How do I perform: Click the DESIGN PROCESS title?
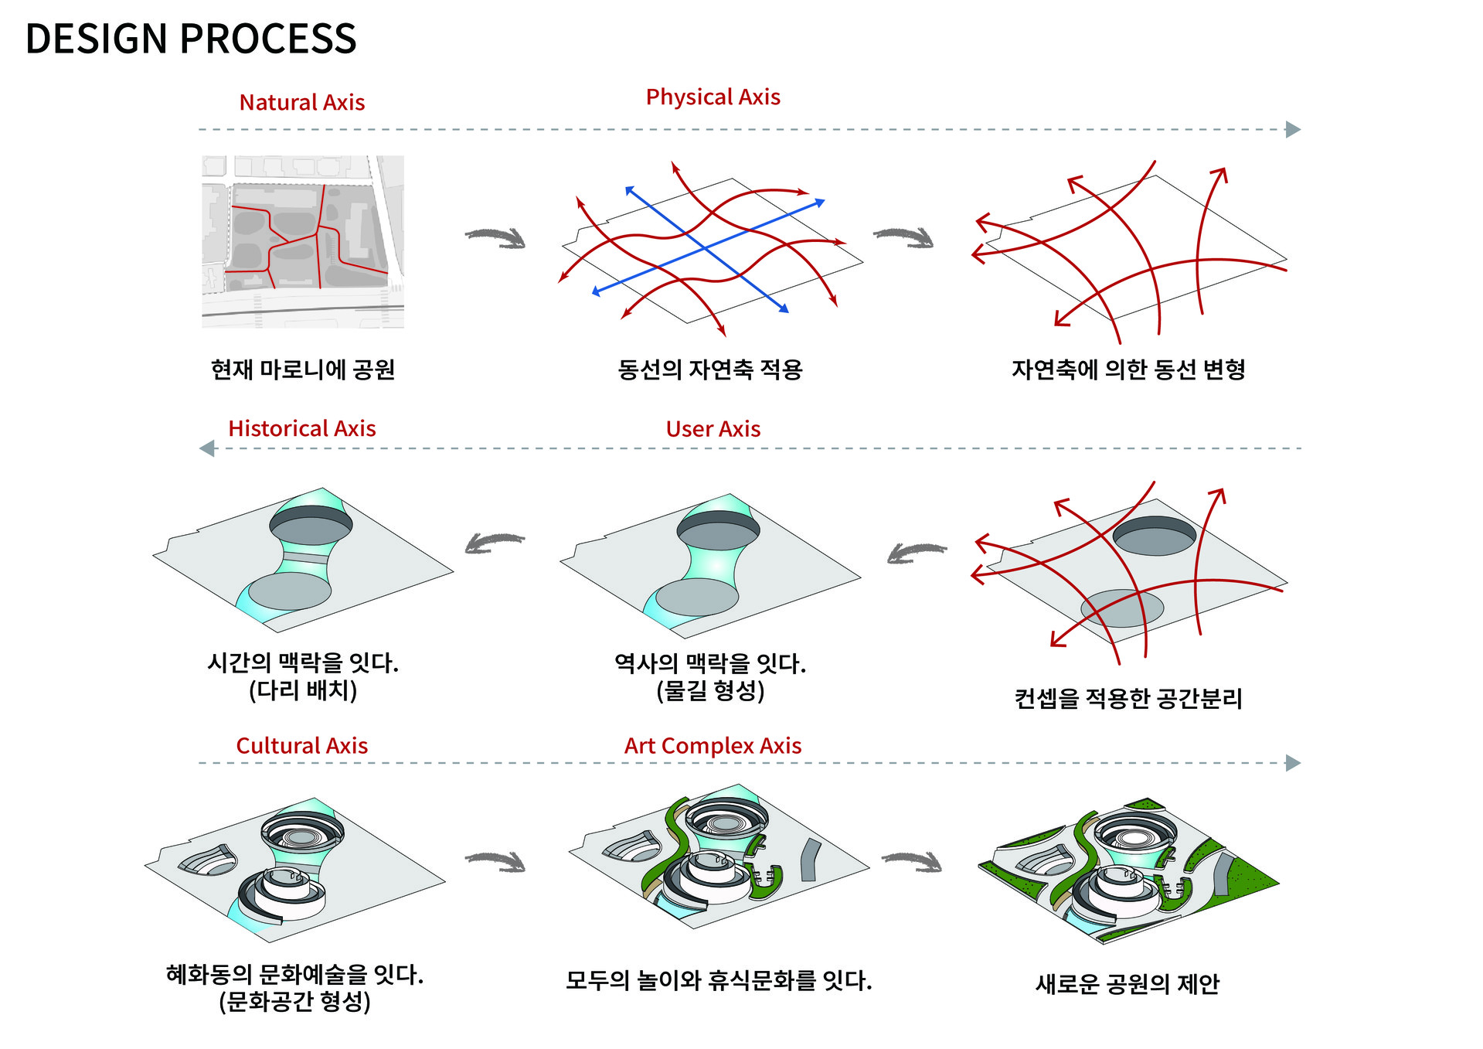191,39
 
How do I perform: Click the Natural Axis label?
302,102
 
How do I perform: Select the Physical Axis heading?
713,97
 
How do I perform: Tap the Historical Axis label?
302,428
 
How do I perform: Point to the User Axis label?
713,429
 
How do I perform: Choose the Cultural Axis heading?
302,745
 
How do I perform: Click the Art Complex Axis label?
713,746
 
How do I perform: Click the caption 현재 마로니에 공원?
303,370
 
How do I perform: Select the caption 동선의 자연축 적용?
710,370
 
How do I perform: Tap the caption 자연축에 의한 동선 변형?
1128,370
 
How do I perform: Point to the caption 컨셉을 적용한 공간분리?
1128,699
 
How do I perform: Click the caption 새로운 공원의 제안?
1128,983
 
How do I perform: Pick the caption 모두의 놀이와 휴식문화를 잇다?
719,980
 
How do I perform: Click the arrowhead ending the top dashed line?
1293,130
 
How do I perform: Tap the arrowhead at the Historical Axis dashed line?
207,448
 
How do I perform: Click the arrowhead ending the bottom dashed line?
1293,763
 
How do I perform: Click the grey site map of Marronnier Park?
303,242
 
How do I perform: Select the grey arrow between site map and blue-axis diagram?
495,237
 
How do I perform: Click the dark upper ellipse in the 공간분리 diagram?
1154,536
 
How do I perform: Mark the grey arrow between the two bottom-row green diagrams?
912,861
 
